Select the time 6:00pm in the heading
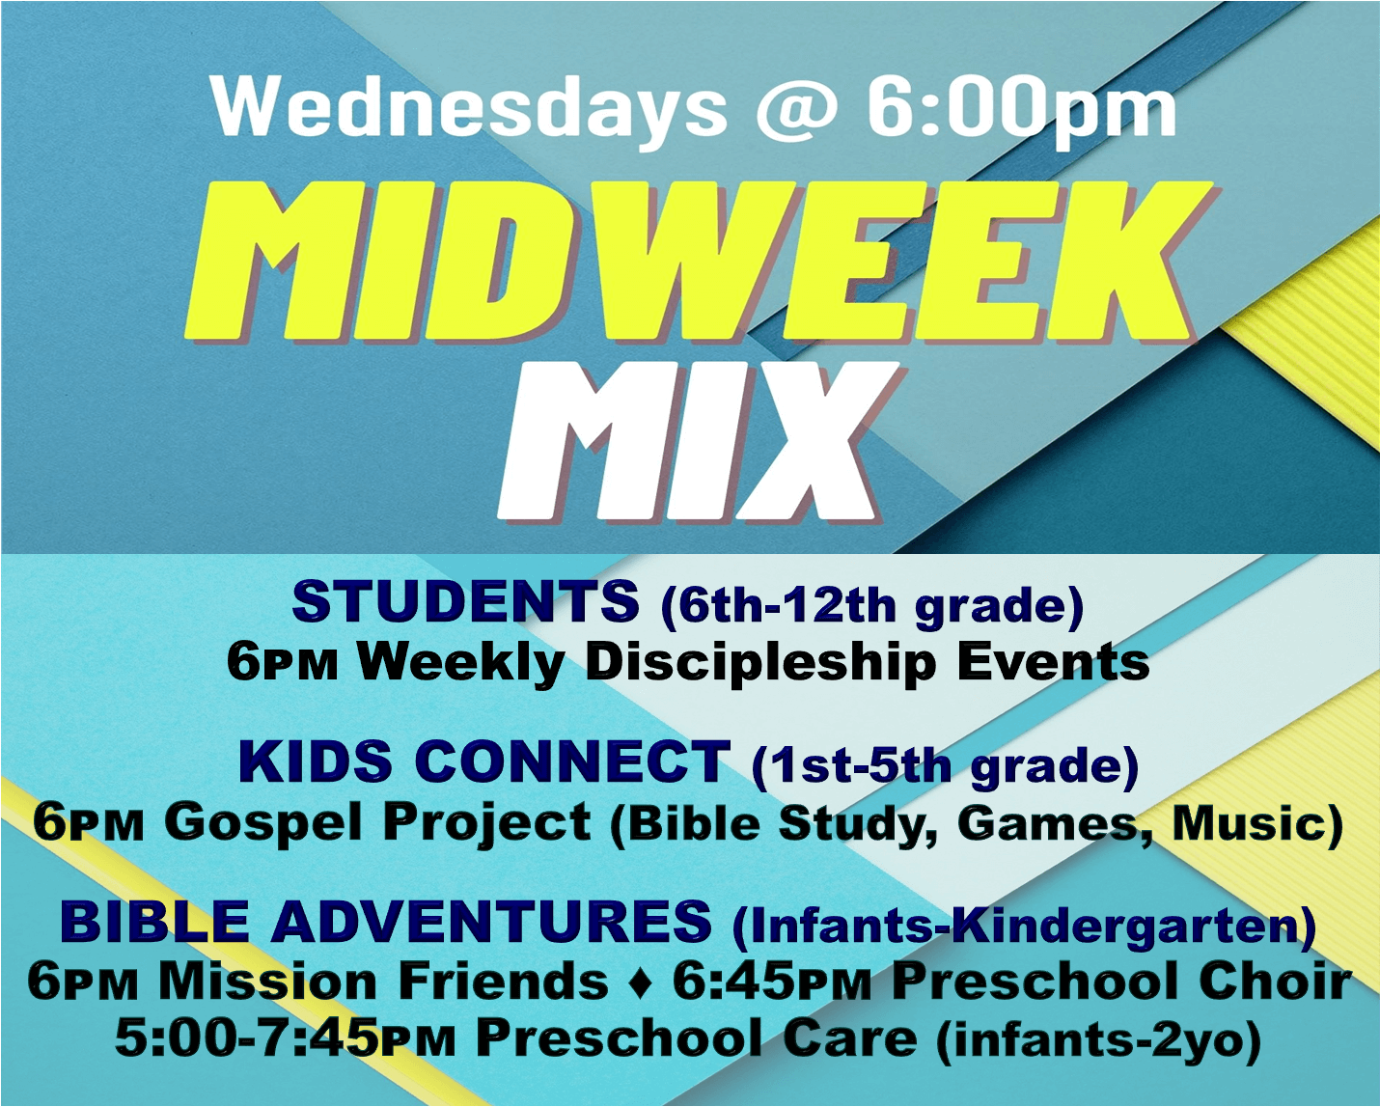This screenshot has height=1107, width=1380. pyautogui.click(x=1021, y=109)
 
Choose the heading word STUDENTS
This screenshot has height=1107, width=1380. pyautogui.click(x=465, y=601)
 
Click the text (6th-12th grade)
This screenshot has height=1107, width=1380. pyautogui.click(x=872, y=605)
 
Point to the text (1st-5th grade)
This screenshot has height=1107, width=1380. pyautogui.click(x=945, y=765)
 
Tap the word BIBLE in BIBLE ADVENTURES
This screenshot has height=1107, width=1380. pyautogui.click(x=154, y=921)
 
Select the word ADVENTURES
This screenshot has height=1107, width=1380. pyautogui.click(x=491, y=921)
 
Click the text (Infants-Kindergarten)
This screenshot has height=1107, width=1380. pyautogui.click(x=1024, y=925)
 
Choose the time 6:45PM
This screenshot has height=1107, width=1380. pyautogui.click(x=772, y=982)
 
